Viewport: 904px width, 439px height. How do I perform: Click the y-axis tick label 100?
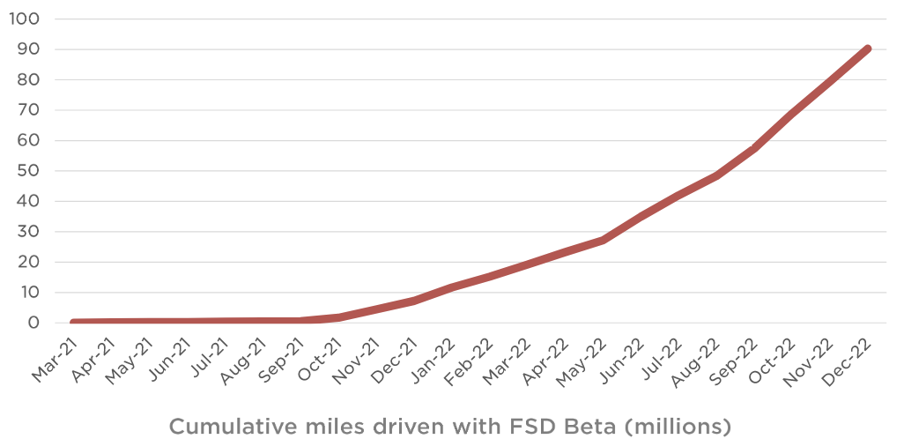point(26,19)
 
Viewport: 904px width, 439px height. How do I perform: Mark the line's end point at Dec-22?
point(868,48)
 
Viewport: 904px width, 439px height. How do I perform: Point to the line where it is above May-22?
point(603,240)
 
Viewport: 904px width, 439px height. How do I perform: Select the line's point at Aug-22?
point(716,175)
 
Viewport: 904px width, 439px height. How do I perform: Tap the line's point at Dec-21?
point(413,301)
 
